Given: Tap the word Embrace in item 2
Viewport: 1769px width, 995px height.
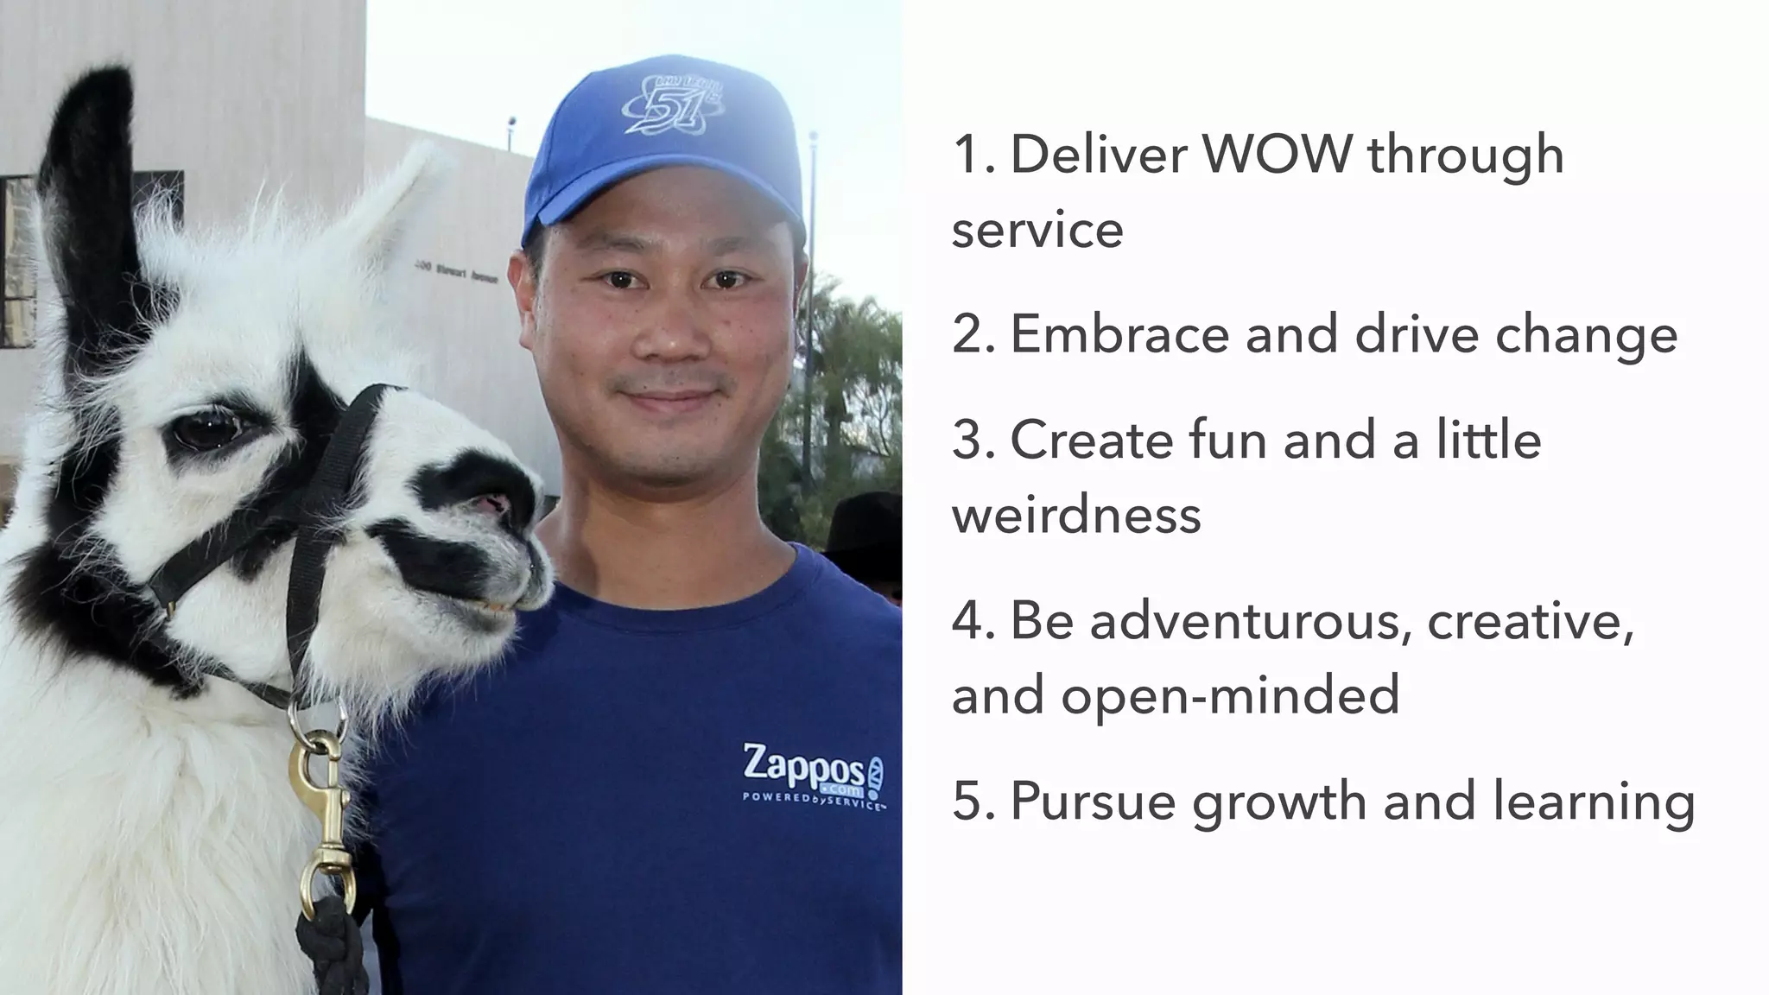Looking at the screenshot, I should point(1119,335).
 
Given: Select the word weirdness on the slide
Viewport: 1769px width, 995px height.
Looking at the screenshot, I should point(1076,516).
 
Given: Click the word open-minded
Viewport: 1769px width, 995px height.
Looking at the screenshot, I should point(1230,696).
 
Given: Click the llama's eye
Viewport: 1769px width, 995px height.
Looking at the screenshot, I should point(206,429).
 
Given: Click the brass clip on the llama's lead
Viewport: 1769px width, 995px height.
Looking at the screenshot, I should point(325,821).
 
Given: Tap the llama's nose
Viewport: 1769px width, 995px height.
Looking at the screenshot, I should point(499,503).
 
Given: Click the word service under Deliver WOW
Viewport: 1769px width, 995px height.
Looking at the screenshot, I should point(1037,231).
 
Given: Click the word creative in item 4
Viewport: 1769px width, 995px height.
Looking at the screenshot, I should point(1529,621).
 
